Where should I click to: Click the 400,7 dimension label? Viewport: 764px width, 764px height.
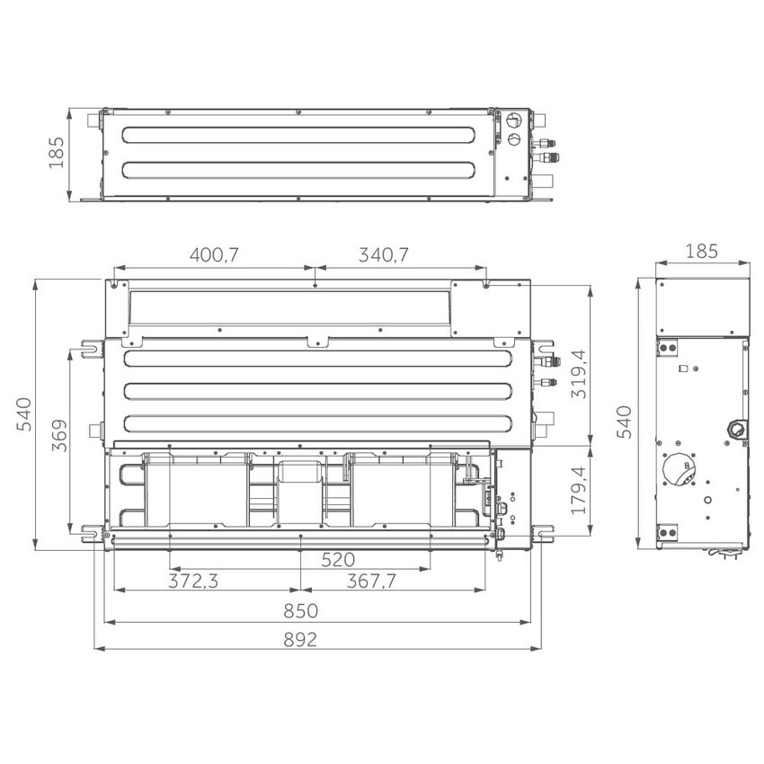pyautogui.click(x=213, y=254)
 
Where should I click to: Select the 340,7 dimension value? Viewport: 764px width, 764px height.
pyautogui.click(x=384, y=254)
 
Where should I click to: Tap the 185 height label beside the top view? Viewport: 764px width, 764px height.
pyautogui.click(x=55, y=155)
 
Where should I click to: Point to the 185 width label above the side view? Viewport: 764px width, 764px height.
pyautogui.click(x=701, y=252)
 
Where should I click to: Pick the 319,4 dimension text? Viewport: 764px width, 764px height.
pyautogui.click(x=581, y=375)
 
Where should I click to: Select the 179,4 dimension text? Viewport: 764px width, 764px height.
pyautogui.click(x=581, y=490)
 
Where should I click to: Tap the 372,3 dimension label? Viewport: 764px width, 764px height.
pyautogui.click(x=193, y=582)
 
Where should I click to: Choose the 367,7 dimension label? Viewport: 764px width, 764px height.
pyautogui.click(x=370, y=582)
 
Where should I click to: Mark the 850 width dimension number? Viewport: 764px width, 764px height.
pyautogui.click(x=300, y=611)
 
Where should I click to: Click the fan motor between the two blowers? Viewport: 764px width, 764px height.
pyautogui.click(x=299, y=476)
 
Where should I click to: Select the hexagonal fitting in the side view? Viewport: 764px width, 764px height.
pyautogui.click(x=735, y=429)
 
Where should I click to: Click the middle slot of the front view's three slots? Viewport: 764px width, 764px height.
pyautogui.click(x=316, y=392)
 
